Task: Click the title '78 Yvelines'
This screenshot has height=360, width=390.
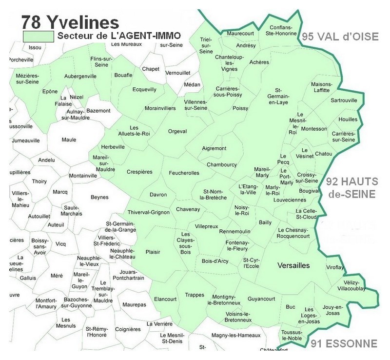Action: [x=70, y=22]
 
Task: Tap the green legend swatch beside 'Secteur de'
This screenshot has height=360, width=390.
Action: [x=39, y=36]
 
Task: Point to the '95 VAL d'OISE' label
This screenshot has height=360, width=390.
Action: [x=340, y=37]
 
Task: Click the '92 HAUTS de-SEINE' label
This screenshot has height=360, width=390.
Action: [x=352, y=187]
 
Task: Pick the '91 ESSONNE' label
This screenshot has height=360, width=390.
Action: [x=344, y=344]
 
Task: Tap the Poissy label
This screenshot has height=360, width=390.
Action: [x=240, y=109]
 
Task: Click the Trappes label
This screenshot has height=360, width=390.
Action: [x=195, y=295]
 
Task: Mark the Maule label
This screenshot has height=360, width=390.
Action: [x=69, y=140]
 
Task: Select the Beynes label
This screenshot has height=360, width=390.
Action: [x=99, y=197]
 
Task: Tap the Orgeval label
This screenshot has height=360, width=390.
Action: [x=177, y=131]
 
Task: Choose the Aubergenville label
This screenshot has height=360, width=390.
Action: [x=80, y=77]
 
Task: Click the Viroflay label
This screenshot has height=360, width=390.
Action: [x=335, y=267]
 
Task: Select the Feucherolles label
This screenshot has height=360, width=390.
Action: [x=184, y=173]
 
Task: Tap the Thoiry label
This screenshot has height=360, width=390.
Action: [x=39, y=181]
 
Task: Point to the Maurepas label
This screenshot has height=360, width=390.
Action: [x=134, y=304]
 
